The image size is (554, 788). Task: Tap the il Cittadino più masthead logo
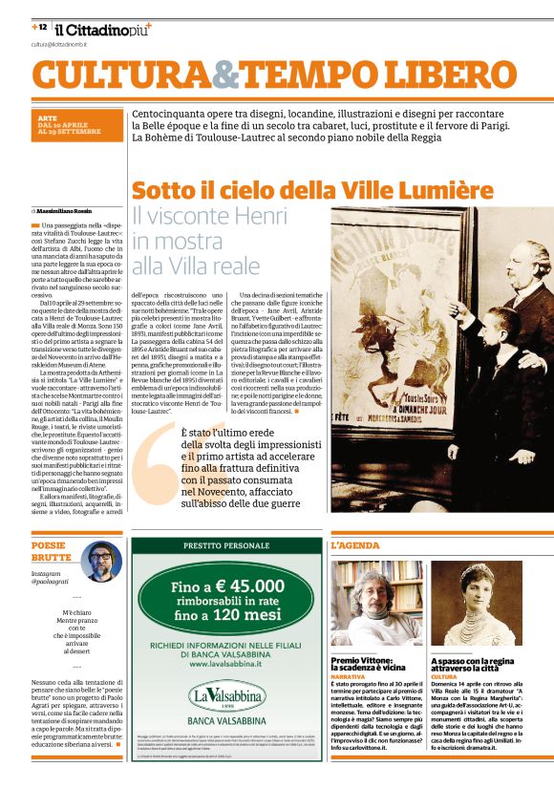pyautogui.click(x=100, y=31)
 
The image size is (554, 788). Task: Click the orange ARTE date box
pyautogui.click(x=76, y=128)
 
